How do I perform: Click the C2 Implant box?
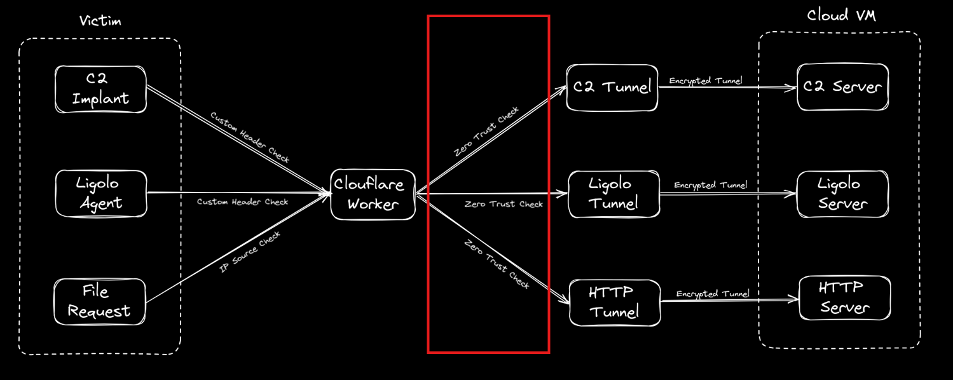tap(100, 89)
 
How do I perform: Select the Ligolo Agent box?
tap(100, 193)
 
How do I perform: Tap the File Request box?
tap(99, 301)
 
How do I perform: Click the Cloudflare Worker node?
tap(373, 194)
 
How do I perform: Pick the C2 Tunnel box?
tap(612, 88)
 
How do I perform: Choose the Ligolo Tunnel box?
tap(613, 193)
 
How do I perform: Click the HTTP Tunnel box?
tap(614, 302)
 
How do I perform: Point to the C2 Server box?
tap(842, 87)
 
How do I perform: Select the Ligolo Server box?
tap(842, 193)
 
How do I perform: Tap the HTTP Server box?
tap(844, 297)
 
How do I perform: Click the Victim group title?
tap(100, 21)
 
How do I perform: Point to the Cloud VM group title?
tap(841, 15)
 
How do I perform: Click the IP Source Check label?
tap(250, 252)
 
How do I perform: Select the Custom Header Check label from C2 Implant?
tap(250, 137)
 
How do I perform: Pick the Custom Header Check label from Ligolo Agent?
tap(242, 202)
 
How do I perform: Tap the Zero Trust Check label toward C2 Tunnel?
tap(486, 132)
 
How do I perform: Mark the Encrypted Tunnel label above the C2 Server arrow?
tap(705, 81)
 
